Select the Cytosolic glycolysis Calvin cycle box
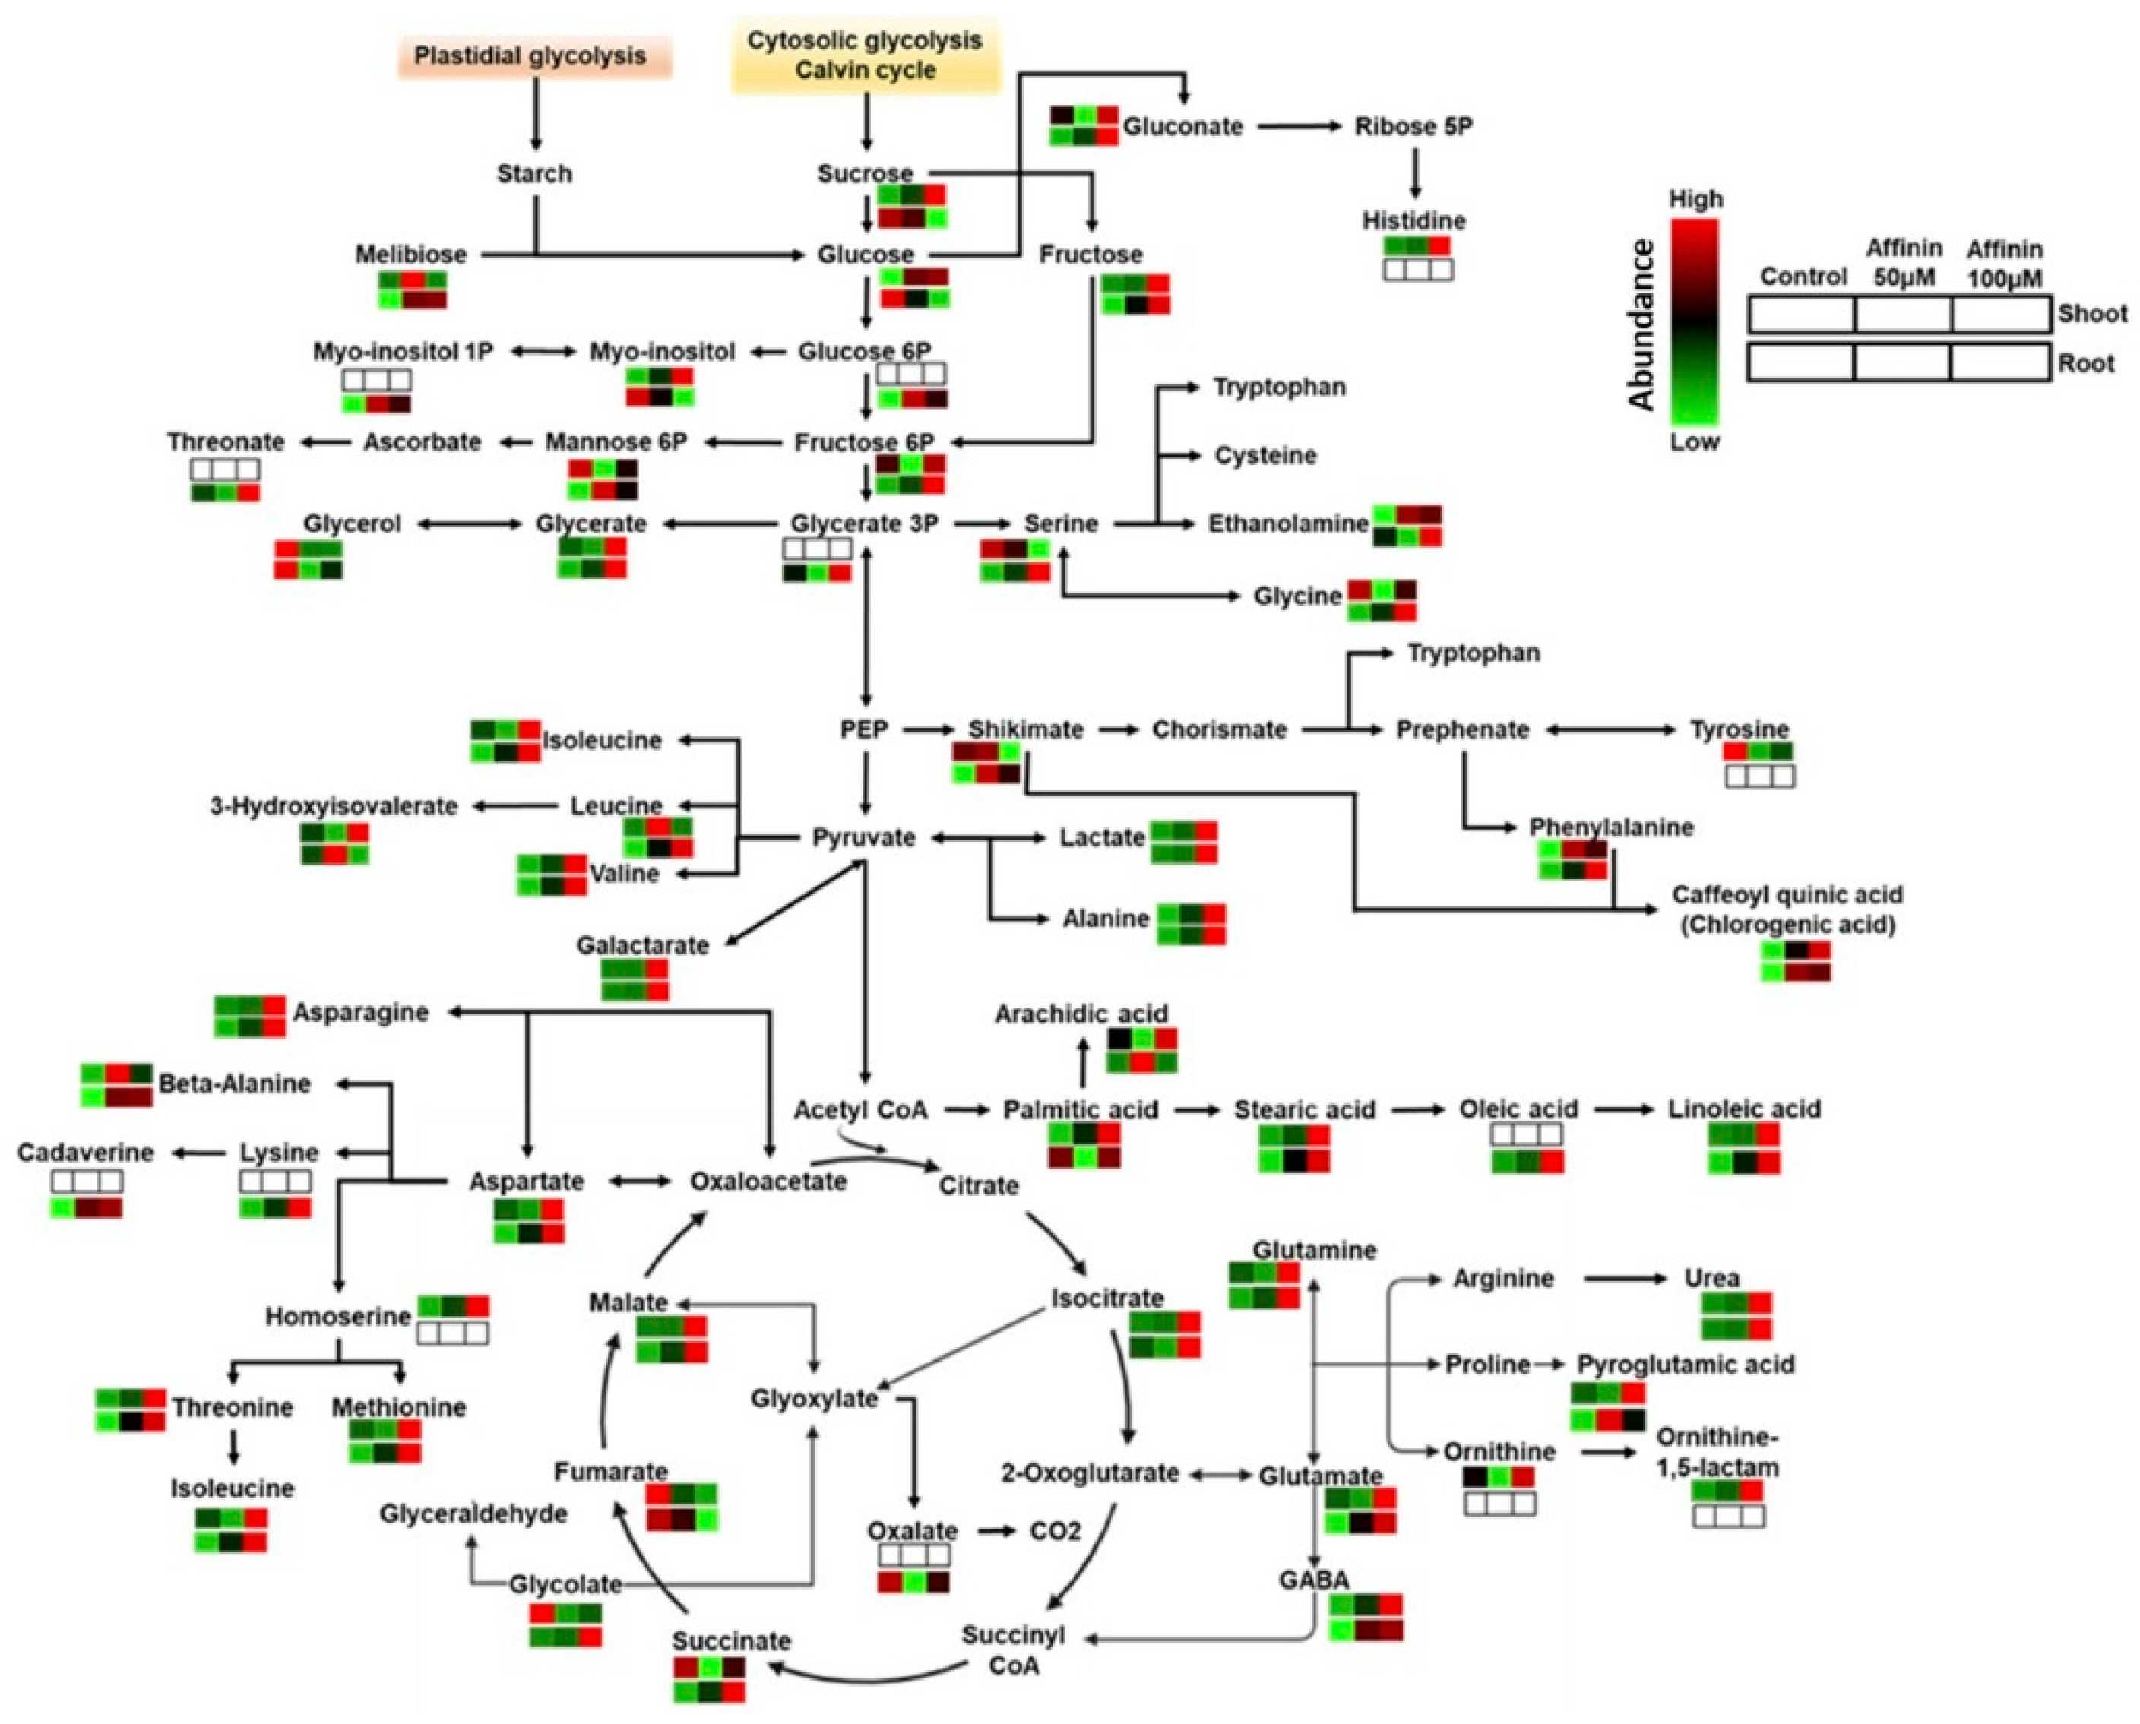pos(865,55)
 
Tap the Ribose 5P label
pos(1413,127)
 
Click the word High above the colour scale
pos(1695,200)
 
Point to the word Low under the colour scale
pos(1694,442)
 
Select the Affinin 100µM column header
pos(2004,263)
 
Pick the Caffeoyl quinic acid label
pos(1787,895)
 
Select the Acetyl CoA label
pos(860,1110)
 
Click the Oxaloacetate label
pos(768,1181)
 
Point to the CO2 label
pos(1055,1530)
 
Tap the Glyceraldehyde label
pos(473,1514)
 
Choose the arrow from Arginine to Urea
pos(1625,1279)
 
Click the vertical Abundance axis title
pos(1642,324)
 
